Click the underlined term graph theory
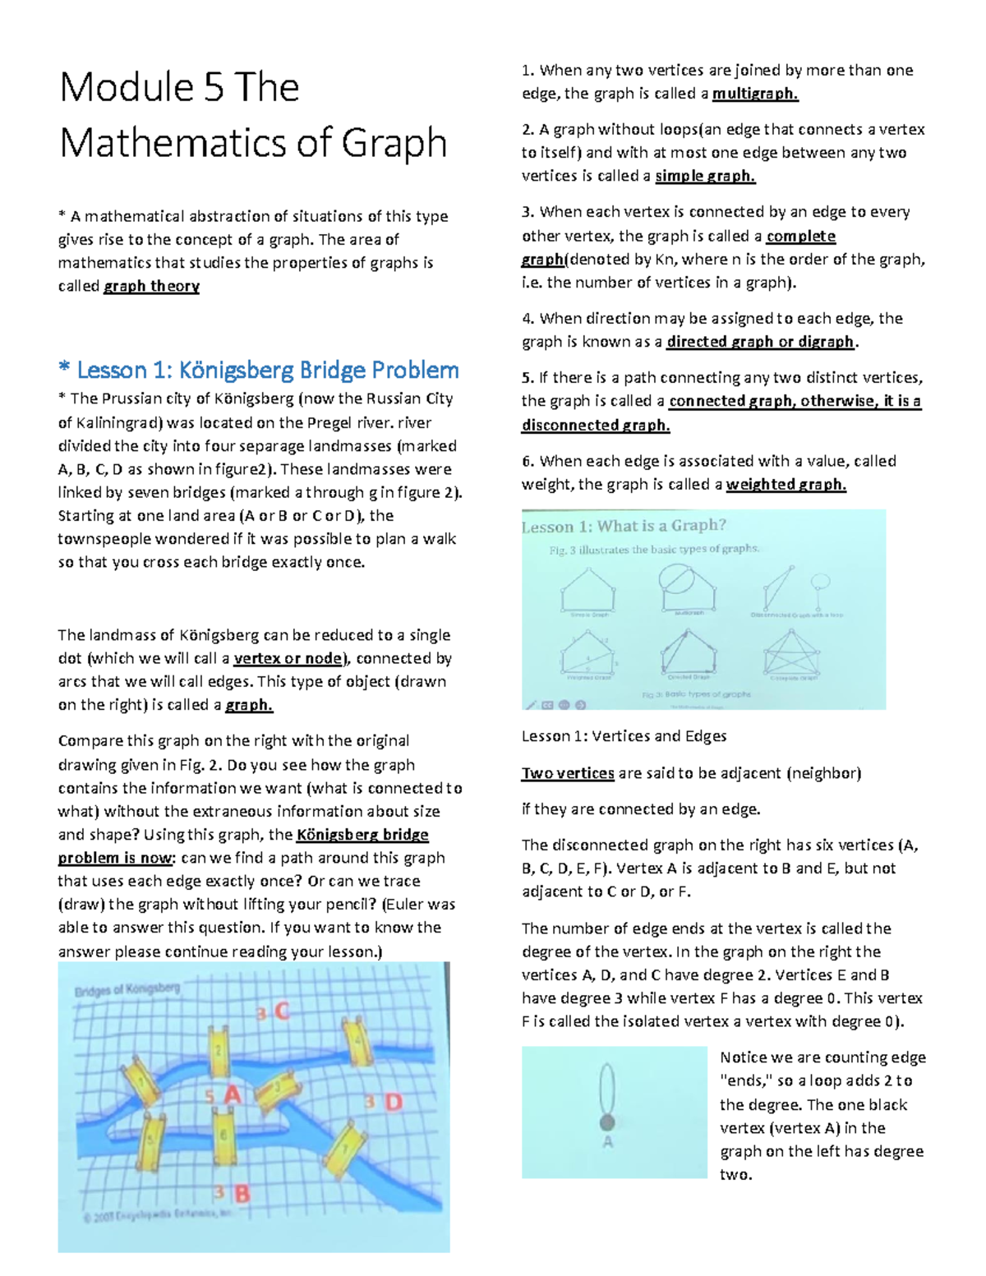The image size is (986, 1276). (151, 286)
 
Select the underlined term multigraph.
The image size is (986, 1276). (754, 94)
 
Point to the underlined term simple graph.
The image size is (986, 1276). (704, 176)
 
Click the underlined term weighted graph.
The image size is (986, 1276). (786, 484)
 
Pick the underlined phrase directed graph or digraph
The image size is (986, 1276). (761, 342)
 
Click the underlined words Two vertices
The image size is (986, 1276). (568, 773)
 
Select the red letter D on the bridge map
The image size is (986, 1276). (394, 1102)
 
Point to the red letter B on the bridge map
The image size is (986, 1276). (242, 1193)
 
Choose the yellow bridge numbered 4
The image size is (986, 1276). (356, 1039)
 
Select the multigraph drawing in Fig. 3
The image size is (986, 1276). (688, 588)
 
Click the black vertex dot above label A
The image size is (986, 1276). (607, 1122)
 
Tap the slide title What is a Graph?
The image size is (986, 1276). (624, 527)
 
